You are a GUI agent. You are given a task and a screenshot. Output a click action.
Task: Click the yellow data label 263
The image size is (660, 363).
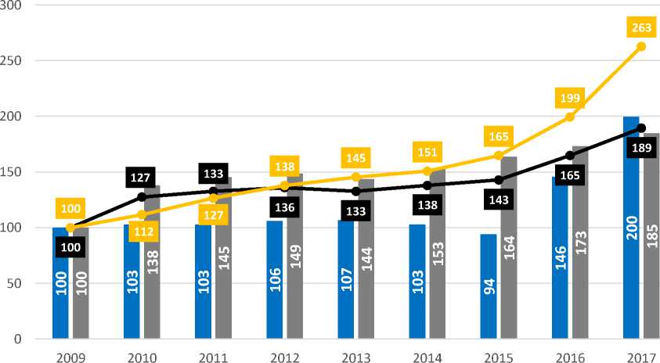[x=640, y=28]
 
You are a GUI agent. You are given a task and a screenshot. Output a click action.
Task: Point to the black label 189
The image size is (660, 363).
[x=640, y=148]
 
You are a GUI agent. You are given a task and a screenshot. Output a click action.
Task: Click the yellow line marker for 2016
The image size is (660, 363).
[x=569, y=117]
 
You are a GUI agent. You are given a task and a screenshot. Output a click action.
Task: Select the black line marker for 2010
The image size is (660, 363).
[x=142, y=196]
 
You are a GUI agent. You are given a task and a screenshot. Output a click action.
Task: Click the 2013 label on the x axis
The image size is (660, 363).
[x=355, y=356]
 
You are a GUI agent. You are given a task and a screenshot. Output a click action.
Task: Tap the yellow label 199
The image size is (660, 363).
[x=569, y=98]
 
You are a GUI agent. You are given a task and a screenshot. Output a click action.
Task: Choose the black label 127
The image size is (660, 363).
[x=141, y=178]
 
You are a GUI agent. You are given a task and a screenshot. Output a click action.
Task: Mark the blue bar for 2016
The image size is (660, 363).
[x=560, y=257]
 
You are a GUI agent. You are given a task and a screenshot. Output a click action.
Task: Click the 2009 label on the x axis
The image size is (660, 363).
[x=70, y=356]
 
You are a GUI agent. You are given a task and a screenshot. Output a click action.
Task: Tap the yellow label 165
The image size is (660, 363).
[x=498, y=136]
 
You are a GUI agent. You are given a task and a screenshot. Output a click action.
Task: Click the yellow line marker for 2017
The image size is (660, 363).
[x=640, y=46]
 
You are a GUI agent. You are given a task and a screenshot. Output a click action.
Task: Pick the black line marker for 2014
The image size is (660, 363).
[x=427, y=185]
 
